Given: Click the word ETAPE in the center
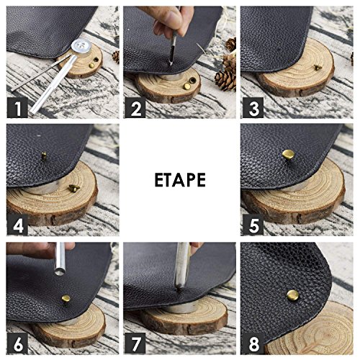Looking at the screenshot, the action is pyautogui.click(x=180, y=180).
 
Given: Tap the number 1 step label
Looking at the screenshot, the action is pyautogui.click(x=17, y=107).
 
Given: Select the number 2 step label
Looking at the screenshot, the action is pyautogui.click(x=135, y=107).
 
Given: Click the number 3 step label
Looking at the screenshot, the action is pyautogui.click(x=253, y=107).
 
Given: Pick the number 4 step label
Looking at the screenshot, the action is pyautogui.click(x=17, y=225).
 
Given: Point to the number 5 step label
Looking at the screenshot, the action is pyautogui.click(x=253, y=225).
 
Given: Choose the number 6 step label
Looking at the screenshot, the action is pyautogui.click(x=17, y=343).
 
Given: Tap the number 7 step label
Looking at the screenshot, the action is pyautogui.click(x=135, y=343).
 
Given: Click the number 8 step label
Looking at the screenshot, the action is pyautogui.click(x=253, y=343).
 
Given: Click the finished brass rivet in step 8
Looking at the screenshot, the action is pyautogui.click(x=293, y=295).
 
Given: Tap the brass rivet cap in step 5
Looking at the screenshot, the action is pyautogui.click(x=288, y=155).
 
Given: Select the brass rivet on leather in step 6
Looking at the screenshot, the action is pyautogui.click(x=66, y=299).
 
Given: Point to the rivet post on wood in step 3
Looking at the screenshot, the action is pyautogui.click(x=318, y=68).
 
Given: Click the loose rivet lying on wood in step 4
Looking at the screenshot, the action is pyautogui.click(x=74, y=188).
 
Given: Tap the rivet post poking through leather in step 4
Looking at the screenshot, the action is pyautogui.click(x=44, y=156).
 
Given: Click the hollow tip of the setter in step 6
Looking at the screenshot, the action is pyautogui.click(x=60, y=272).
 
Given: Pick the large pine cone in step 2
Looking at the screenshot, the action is pyautogui.click(x=225, y=78).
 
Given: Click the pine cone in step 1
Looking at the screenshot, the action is pyautogui.click(x=116, y=57).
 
